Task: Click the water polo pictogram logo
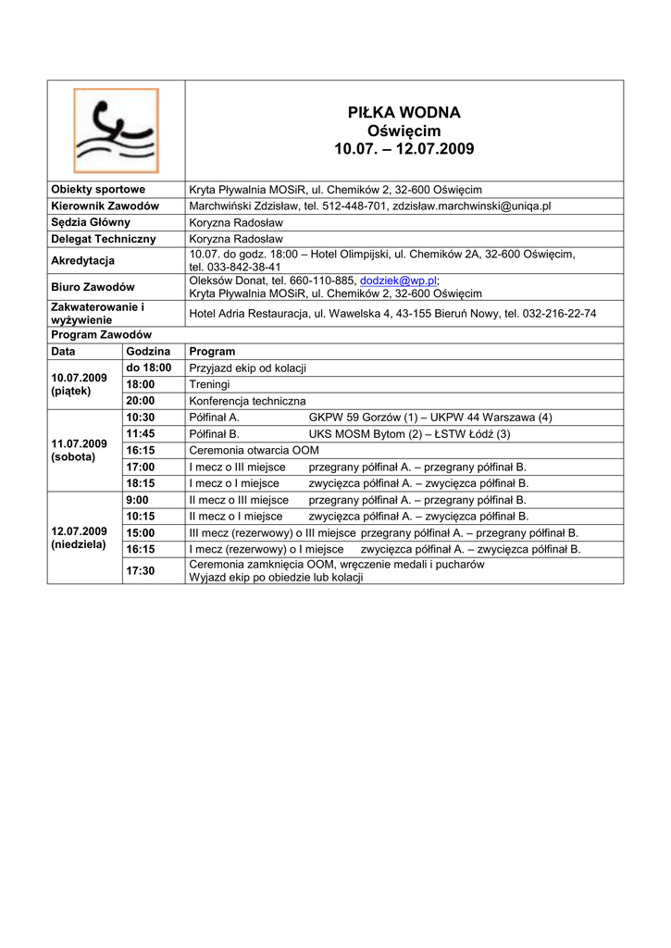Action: coord(116,131)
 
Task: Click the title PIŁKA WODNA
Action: coord(404,113)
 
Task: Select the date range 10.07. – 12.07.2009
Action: coord(404,149)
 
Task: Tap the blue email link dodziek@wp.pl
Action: coord(398,281)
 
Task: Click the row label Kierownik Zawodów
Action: coord(105,206)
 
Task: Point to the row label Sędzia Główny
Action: coord(91,222)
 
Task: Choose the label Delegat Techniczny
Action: coord(103,239)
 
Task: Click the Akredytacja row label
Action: coord(82,260)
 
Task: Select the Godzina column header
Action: coord(148,352)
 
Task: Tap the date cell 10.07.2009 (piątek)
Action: coord(80,384)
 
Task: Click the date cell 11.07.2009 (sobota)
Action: coord(80,450)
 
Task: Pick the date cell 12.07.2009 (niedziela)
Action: coord(80,538)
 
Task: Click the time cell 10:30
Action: coord(141,418)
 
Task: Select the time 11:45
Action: coord(141,433)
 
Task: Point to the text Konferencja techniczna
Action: coord(247,401)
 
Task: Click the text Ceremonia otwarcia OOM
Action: coord(254,450)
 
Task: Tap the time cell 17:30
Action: coord(141,571)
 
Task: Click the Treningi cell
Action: coord(209,384)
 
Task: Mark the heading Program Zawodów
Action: coord(101,334)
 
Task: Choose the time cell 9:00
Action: coord(137,500)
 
